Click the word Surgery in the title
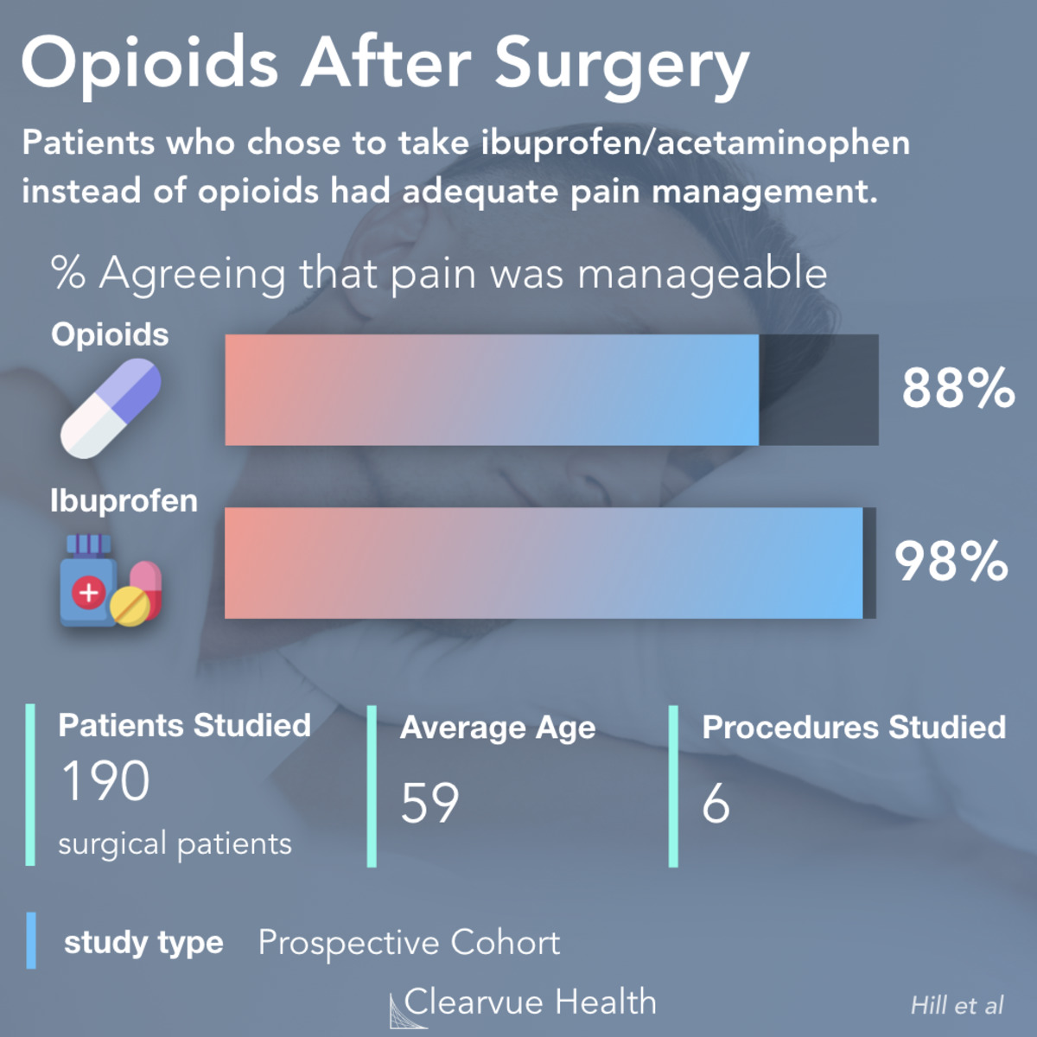[x=620, y=66]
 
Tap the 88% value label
[x=957, y=388]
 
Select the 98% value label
[x=951, y=561]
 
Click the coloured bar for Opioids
[x=492, y=390]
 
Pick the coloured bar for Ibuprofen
[x=544, y=563]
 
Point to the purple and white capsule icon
[x=111, y=408]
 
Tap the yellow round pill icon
[x=130, y=606]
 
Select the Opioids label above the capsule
[x=110, y=334]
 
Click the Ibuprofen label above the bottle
[x=124, y=500]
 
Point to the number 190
[x=105, y=781]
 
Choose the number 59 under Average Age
[x=429, y=803]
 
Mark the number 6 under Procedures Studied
[x=716, y=804]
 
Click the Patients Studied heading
[x=184, y=725]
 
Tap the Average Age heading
[x=498, y=728]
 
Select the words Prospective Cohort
[x=409, y=942]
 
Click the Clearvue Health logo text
[x=530, y=1002]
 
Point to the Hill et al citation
[x=957, y=1005]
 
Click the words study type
[x=143, y=942]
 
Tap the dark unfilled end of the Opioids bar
[x=818, y=390]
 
